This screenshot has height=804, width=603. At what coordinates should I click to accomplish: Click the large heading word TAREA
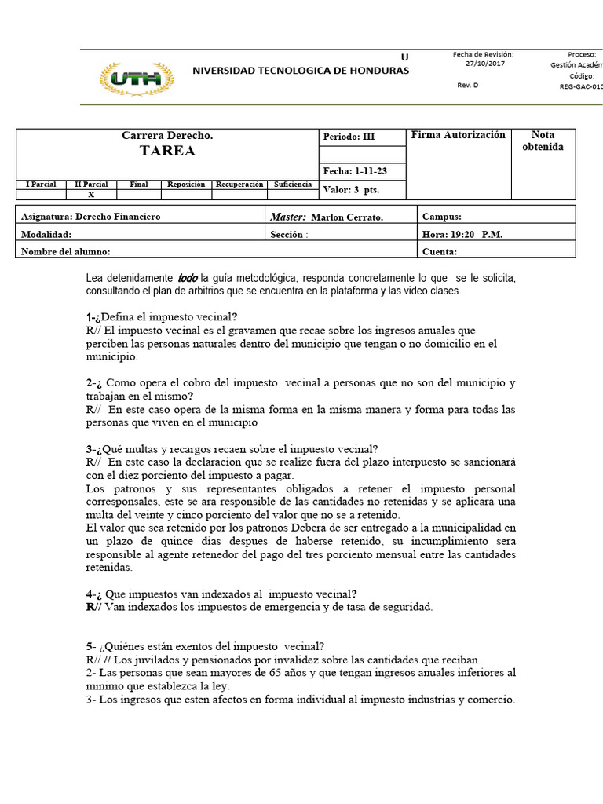click(x=167, y=151)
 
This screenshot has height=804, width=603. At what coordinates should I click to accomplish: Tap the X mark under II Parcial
click(x=91, y=195)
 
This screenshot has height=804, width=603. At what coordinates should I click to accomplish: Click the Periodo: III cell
click(x=349, y=137)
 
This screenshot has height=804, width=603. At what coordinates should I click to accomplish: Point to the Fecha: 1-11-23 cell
click(x=354, y=171)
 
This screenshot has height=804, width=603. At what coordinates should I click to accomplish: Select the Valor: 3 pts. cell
click(x=351, y=190)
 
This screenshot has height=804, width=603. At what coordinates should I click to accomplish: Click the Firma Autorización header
click(x=459, y=135)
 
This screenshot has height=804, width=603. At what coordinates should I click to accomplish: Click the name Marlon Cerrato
click(x=347, y=217)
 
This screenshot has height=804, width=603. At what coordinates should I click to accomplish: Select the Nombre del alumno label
click(x=65, y=251)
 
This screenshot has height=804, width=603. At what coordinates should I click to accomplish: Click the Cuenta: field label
click(x=440, y=251)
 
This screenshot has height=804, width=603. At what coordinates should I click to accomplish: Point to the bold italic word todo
click(x=188, y=278)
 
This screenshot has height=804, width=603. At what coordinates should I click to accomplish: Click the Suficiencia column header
click(x=292, y=185)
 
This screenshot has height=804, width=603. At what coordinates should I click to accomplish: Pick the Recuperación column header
click(x=239, y=185)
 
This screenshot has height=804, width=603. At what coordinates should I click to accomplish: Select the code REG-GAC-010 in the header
click(x=581, y=86)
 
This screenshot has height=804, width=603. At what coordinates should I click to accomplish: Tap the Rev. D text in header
click(x=467, y=86)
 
